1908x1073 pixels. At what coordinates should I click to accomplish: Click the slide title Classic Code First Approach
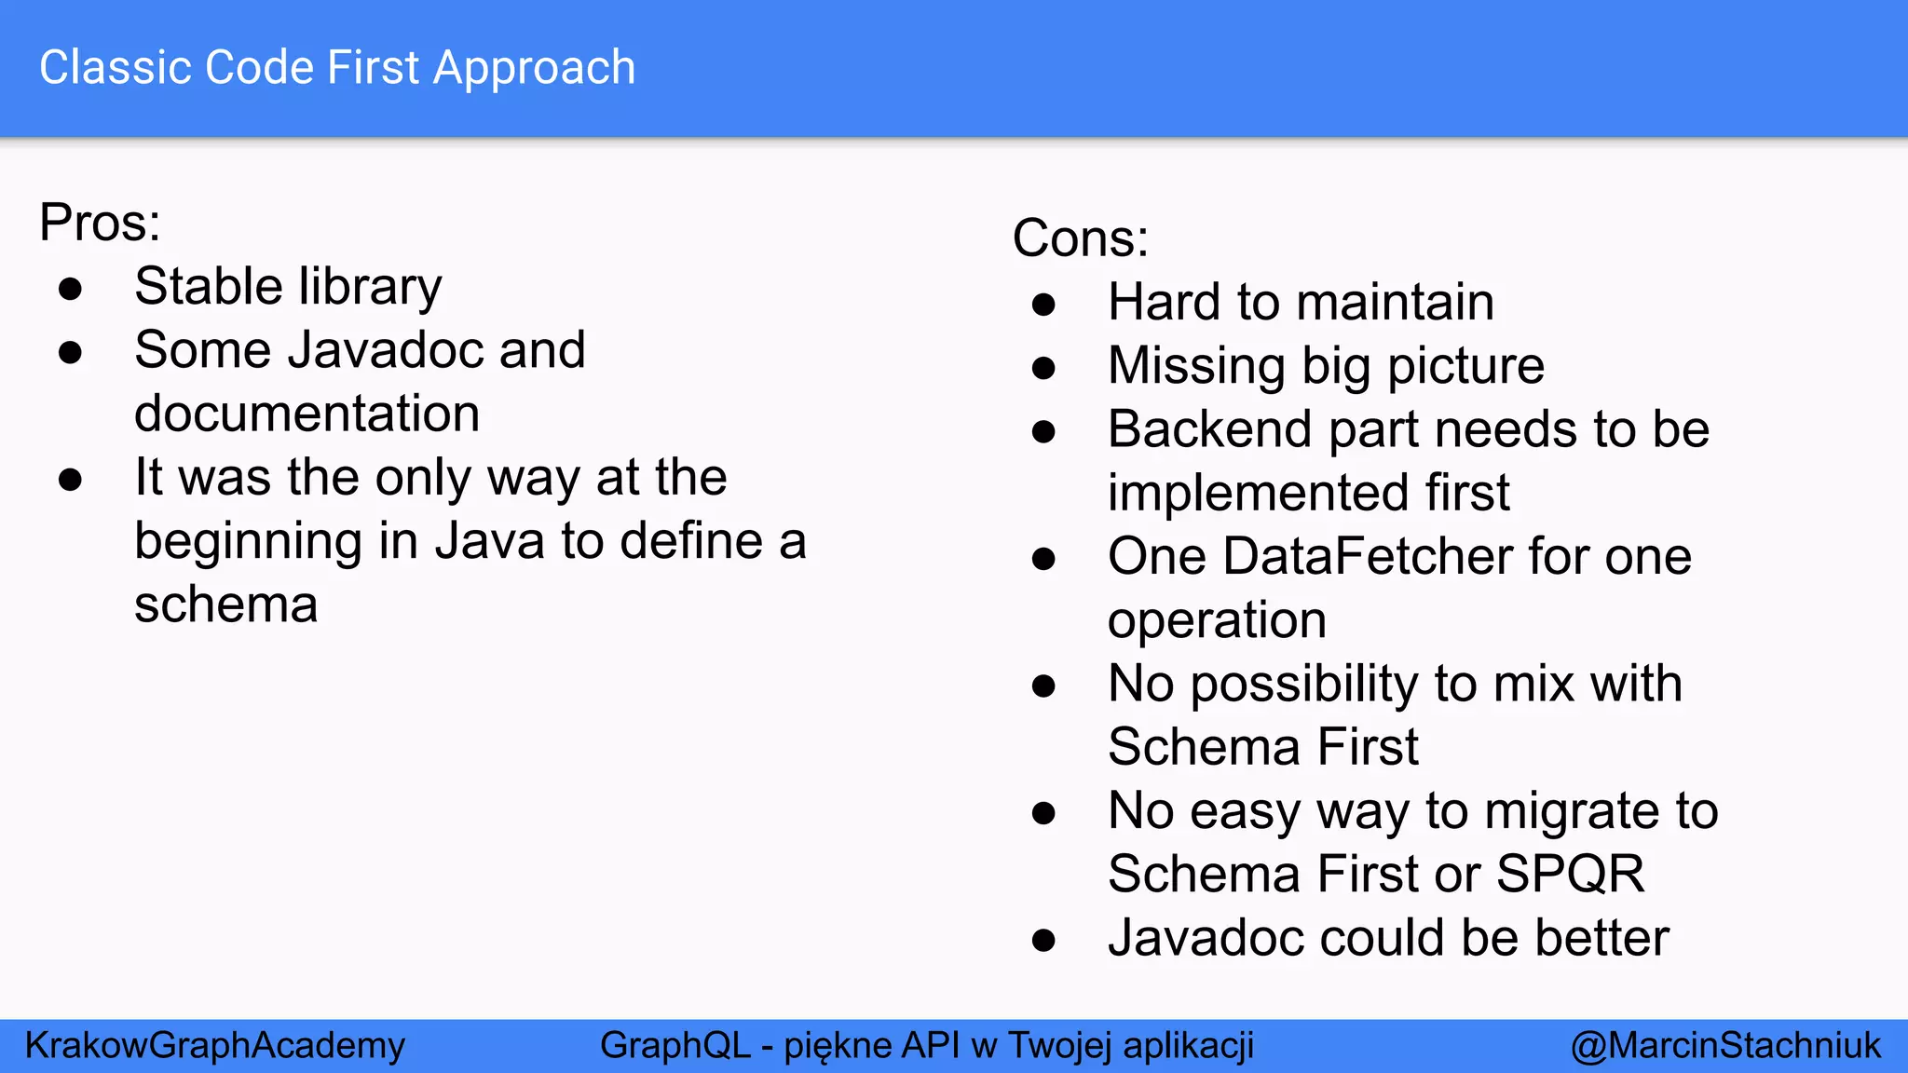pos(337,68)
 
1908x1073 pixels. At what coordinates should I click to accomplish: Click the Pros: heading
pos(100,223)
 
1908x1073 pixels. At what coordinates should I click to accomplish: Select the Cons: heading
pos(1080,238)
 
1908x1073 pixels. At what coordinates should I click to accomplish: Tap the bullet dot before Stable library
pos(70,289)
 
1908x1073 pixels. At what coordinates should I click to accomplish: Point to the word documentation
pos(307,414)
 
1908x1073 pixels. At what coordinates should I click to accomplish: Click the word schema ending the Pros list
pos(225,604)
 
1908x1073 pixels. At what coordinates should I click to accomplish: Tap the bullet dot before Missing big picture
pos(1043,368)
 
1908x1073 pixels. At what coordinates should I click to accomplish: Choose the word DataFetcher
pos(1368,557)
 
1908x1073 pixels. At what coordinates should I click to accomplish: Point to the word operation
pos(1217,621)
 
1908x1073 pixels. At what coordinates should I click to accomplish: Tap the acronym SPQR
pos(1570,875)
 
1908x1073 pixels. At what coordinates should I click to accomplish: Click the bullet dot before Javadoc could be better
pos(1043,940)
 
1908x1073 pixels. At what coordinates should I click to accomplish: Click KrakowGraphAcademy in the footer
pos(215,1046)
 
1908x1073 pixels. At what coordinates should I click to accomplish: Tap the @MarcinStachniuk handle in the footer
pos(1725,1046)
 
